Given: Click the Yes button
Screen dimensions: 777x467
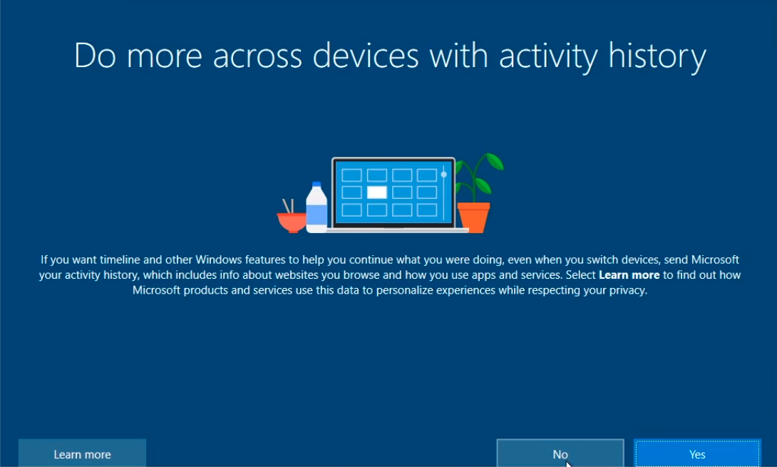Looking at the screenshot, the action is click(x=696, y=453).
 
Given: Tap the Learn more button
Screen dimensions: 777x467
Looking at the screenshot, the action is click(x=82, y=453).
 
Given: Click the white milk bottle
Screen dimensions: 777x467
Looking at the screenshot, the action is click(x=317, y=208).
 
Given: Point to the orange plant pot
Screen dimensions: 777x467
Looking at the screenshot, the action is click(x=474, y=217).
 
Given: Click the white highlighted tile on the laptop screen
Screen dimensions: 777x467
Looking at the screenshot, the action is click(x=376, y=193).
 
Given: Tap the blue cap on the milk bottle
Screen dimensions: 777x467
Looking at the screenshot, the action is click(x=317, y=185).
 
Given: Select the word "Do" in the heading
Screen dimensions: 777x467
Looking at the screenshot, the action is click(x=95, y=56).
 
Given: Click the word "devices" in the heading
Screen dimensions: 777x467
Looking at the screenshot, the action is click(x=366, y=55).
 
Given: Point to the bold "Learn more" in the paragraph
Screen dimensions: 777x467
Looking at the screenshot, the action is click(x=629, y=274).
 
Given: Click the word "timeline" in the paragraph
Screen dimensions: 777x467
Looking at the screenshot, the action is click(x=120, y=260).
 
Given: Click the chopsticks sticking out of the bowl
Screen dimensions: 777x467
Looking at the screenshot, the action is click(x=288, y=206).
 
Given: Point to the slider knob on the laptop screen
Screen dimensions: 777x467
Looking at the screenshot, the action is click(x=443, y=175).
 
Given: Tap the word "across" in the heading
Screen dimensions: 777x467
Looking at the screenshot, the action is click(x=257, y=56).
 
